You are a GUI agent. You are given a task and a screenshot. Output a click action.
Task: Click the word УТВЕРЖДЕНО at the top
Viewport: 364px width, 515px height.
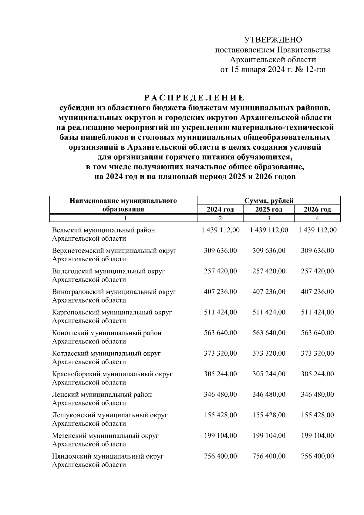coord(273,40)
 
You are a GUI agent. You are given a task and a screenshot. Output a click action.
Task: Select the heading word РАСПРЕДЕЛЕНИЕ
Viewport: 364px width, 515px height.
coord(194,98)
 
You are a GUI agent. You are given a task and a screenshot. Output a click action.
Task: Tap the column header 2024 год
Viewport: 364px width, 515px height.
coord(220,209)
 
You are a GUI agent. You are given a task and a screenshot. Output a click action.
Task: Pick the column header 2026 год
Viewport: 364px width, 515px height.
coord(317,209)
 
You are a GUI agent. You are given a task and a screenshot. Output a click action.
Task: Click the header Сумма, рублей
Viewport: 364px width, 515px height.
coord(269,201)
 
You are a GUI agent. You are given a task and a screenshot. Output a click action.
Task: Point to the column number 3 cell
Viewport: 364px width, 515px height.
coord(269,218)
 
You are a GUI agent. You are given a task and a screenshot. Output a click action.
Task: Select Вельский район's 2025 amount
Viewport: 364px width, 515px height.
coord(269,230)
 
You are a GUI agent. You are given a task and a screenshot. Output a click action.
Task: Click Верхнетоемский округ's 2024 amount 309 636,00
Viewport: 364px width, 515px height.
coord(220,251)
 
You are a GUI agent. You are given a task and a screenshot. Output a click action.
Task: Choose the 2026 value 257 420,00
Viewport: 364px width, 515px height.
coord(317,271)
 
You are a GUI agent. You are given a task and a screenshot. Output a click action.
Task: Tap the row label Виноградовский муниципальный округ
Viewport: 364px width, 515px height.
coord(114,292)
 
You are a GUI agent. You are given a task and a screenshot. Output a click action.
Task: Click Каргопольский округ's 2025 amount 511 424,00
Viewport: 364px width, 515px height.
coord(269,312)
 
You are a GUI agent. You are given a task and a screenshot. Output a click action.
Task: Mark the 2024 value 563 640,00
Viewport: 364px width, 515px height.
coord(220,333)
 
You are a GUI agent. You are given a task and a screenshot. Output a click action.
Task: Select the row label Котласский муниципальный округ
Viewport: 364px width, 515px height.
coord(106,354)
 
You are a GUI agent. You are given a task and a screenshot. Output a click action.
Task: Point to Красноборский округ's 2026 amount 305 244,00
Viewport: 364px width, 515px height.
coord(317,374)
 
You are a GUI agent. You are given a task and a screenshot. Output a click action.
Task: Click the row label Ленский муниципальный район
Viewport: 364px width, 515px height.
coord(102,395)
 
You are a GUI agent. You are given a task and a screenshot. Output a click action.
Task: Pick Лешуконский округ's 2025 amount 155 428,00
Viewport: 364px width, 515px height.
coord(269,415)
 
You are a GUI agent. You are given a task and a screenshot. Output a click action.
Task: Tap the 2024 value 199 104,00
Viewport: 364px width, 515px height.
coord(220,435)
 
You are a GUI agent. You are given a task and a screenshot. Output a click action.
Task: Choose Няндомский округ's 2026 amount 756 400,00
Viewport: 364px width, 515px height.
coord(317,456)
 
